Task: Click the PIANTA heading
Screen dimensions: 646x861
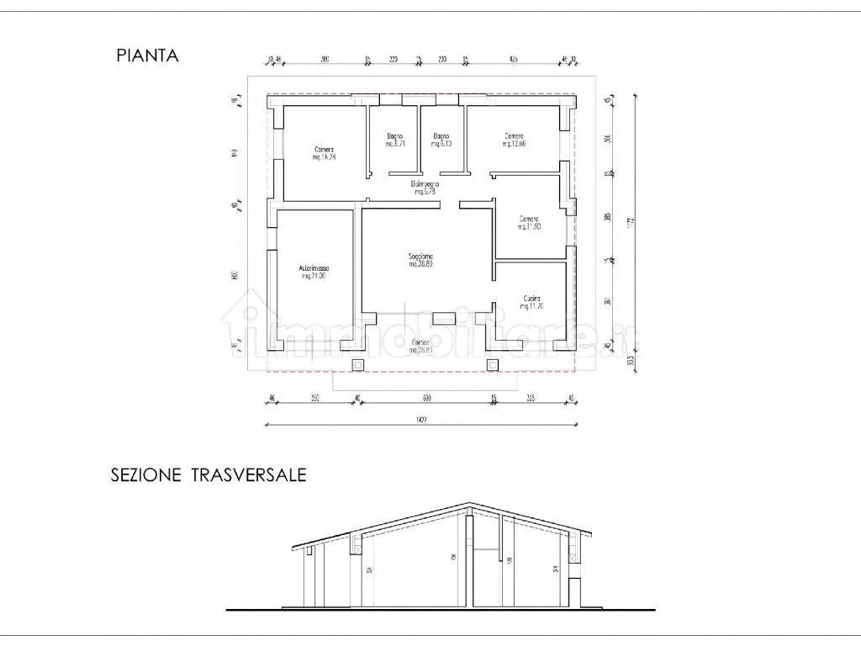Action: click(147, 56)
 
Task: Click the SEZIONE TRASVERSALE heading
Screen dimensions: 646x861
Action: click(209, 475)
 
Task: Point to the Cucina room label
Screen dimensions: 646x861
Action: click(530, 301)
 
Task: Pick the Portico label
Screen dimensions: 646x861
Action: click(421, 345)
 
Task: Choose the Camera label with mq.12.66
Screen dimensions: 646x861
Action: click(515, 140)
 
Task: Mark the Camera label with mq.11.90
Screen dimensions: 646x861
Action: click(528, 222)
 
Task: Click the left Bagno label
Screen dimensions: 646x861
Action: click(395, 140)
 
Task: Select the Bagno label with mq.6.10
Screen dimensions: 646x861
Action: click(441, 140)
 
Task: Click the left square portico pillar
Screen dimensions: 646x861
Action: click(357, 364)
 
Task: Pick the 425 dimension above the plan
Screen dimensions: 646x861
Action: click(514, 60)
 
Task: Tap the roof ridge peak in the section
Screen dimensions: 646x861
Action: click(467, 505)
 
